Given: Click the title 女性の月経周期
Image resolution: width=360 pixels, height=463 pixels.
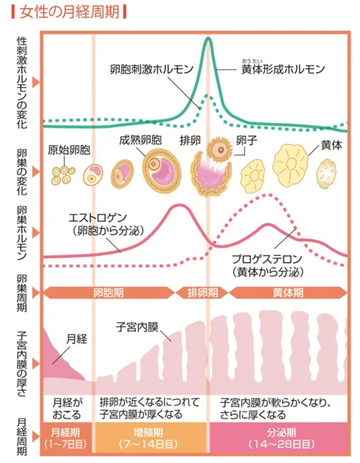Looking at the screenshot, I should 69,11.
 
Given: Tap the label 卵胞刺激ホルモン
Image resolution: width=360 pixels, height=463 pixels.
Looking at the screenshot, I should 151,68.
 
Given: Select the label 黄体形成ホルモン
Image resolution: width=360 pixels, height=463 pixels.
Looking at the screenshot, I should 283,69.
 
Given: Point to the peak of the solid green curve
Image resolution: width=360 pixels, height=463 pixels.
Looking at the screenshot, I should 208,38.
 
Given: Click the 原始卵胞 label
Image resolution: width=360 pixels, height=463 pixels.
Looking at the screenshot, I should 69,149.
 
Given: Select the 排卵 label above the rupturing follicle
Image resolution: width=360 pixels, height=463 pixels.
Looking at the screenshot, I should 190,142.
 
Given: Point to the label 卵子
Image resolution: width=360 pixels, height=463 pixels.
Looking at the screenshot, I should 246,141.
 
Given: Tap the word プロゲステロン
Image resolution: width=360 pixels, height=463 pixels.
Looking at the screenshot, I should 267,259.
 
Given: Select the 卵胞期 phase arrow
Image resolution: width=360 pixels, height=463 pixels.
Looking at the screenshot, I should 108,292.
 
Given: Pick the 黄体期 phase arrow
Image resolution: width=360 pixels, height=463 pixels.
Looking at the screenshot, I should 288,292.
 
